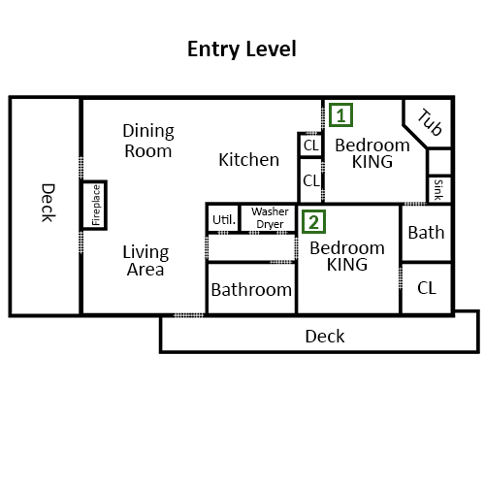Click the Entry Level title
[x=242, y=49]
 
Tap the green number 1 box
[x=340, y=115]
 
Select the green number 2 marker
[x=313, y=222]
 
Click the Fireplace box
[x=94, y=205]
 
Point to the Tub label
[x=430, y=122]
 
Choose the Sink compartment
[x=439, y=189]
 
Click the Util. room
[x=223, y=219]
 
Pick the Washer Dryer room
[x=269, y=218]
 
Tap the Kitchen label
[x=248, y=160]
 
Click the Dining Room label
[x=148, y=141]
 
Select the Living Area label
[x=145, y=261]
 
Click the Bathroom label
[x=251, y=290]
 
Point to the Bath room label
[x=426, y=233]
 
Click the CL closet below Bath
[x=427, y=288]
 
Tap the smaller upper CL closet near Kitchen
[x=310, y=145]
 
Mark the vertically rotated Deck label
[x=48, y=203]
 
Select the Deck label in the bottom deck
[x=325, y=337]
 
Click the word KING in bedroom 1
[x=372, y=162]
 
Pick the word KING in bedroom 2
[x=347, y=265]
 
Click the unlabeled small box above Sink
[x=439, y=162]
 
